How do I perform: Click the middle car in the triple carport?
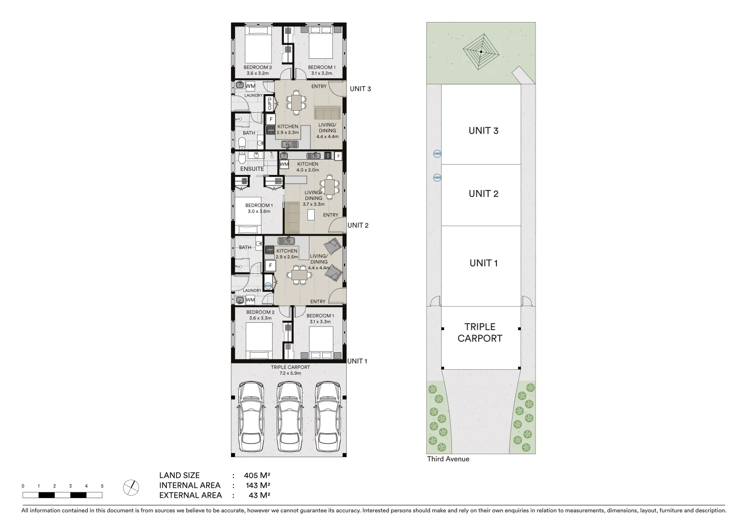(x=288, y=417)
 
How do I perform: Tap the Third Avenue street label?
(x=448, y=459)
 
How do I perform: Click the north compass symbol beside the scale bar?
(x=131, y=487)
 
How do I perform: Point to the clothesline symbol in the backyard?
(x=481, y=51)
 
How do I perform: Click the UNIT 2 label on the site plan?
(x=483, y=193)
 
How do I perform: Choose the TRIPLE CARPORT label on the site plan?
(x=480, y=333)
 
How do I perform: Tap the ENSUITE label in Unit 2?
(x=252, y=169)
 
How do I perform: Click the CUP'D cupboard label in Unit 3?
(x=269, y=104)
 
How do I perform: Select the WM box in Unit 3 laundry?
(x=250, y=86)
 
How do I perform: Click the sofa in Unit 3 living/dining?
(x=327, y=113)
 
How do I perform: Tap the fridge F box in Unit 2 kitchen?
(x=338, y=156)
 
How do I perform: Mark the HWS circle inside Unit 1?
(x=268, y=286)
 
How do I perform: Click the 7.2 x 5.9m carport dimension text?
(x=290, y=373)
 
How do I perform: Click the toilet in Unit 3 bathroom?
(x=242, y=143)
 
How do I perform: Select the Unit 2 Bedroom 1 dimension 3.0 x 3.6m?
(x=258, y=212)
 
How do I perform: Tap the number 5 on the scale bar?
(x=102, y=486)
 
